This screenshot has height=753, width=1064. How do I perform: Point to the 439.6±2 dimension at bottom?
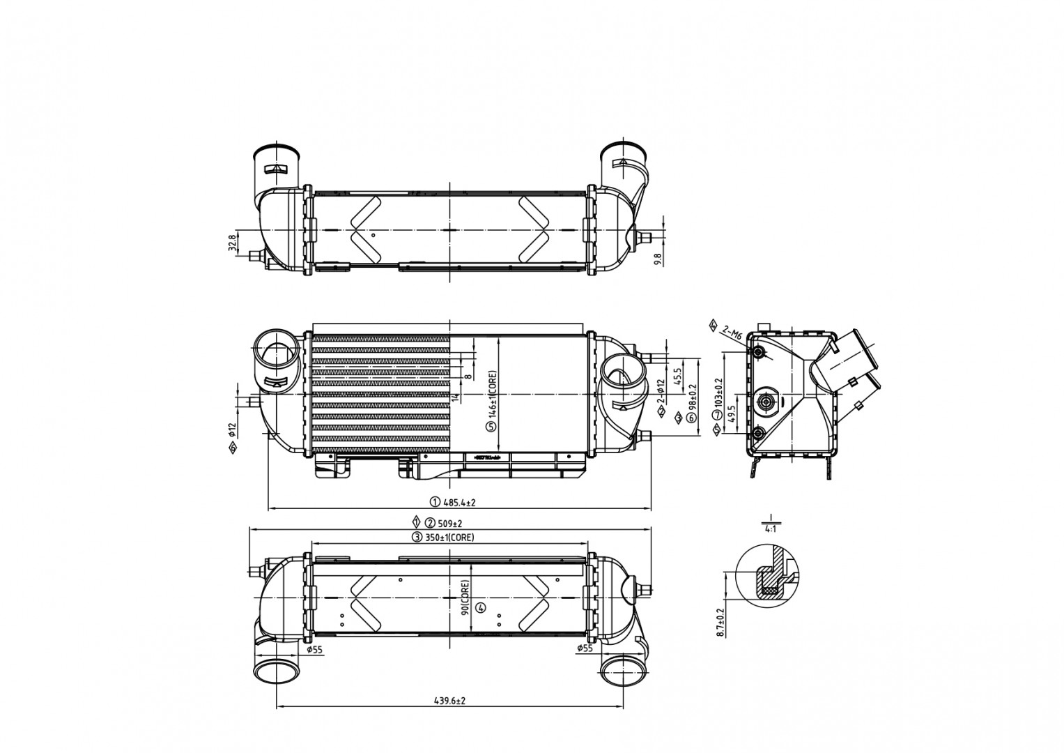450,701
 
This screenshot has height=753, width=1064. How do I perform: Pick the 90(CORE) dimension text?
465,598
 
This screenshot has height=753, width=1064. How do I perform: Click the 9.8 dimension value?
657,259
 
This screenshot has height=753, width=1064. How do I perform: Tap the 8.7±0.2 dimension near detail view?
721,623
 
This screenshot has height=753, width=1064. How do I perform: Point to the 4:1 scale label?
771,529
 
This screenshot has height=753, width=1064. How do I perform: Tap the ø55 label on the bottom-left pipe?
314,650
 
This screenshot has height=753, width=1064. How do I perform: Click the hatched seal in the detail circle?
769,590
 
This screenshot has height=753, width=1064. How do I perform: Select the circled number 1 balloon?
434,502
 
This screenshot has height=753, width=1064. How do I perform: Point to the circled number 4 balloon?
480,608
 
